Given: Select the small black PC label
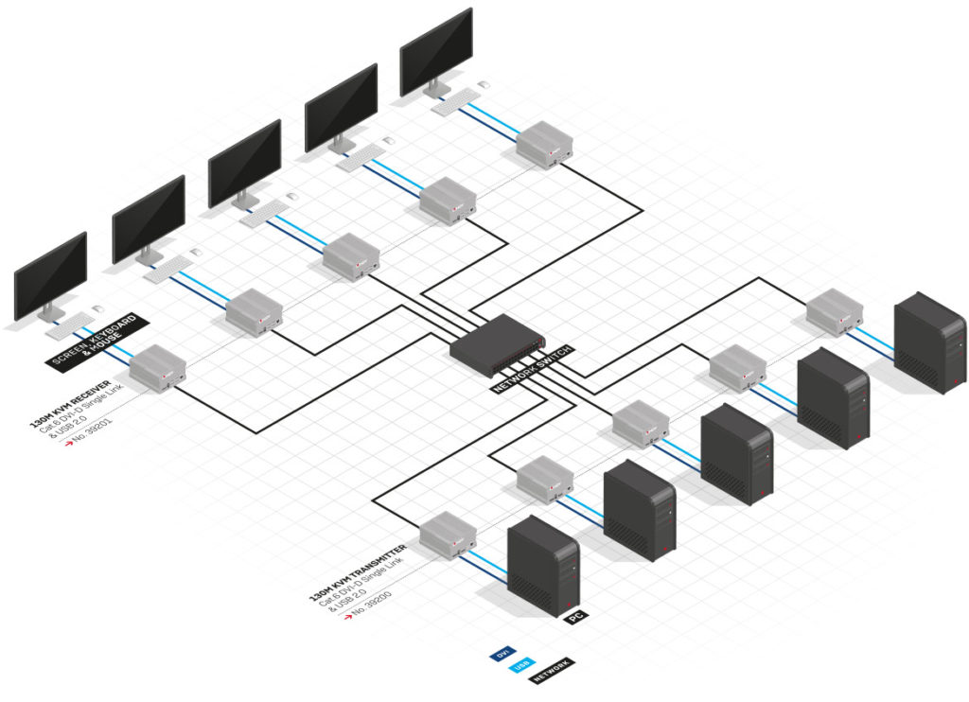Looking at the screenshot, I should [x=575, y=617].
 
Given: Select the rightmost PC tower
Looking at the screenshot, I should [x=930, y=342].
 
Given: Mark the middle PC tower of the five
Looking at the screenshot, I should [x=736, y=453].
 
